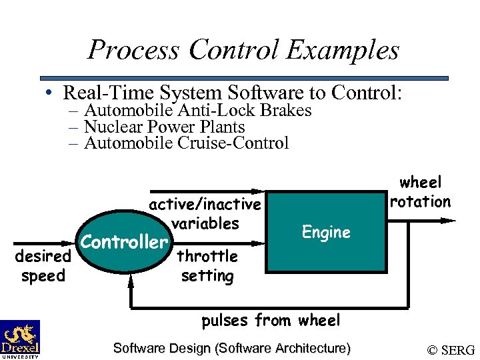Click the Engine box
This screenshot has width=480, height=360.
coord(325,232)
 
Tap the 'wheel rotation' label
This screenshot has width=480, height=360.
coord(421,192)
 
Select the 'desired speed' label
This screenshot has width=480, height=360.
coord(43,266)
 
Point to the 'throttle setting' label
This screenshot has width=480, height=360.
coord(207,266)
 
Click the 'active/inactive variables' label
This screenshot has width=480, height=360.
coord(205,213)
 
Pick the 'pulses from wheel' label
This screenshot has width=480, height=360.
coord(271,321)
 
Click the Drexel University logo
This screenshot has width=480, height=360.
coord(20,339)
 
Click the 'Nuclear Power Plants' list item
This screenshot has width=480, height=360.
coord(164,127)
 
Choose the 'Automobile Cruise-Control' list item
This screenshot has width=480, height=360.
coord(186,143)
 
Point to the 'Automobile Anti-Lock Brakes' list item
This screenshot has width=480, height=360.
coord(197,111)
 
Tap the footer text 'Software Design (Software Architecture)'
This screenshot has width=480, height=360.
coord(232,348)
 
